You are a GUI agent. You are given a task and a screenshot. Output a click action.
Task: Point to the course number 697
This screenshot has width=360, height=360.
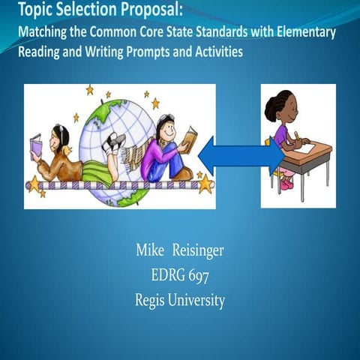coord(198,275)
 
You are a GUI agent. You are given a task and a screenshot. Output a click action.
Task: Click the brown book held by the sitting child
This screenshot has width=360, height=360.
coord(189,137)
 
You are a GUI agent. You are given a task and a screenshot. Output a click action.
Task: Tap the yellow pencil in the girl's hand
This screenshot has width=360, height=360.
coord(297,136)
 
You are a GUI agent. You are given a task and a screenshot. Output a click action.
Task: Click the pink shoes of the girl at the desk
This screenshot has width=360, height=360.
coord(286,183)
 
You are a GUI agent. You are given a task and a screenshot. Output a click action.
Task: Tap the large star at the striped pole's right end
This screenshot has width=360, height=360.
coord(205,184)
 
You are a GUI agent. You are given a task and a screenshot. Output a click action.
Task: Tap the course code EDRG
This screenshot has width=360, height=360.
coord(168,275)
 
